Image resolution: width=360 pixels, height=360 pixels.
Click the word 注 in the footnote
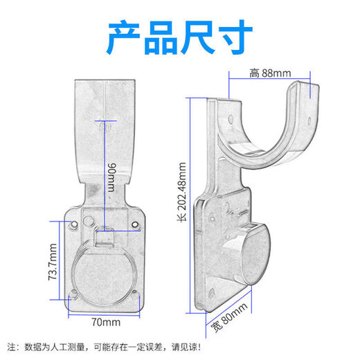pos(11,345)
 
